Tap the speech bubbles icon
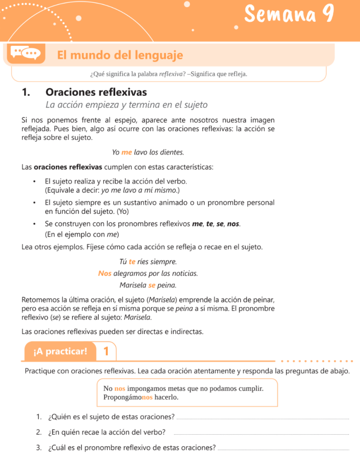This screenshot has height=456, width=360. pyautogui.click(x=25, y=53)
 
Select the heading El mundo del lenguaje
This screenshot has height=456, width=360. pyautogui.click(x=120, y=55)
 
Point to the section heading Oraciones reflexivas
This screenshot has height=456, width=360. pyautogui.click(x=96, y=93)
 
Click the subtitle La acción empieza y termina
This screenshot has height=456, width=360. pyautogui.click(x=127, y=105)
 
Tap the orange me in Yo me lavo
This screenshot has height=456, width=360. pyautogui.click(x=127, y=152)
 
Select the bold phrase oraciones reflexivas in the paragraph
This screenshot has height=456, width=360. pyautogui.click(x=68, y=167)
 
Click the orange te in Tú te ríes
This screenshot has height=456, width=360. pyautogui.click(x=132, y=261)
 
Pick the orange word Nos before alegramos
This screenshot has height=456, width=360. pyautogui.click(x=105, y=273)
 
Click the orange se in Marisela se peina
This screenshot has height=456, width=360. pyautogui.click(x=152, y=285)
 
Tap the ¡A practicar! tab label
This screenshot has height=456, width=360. pyautogui.click(x=60, y=352)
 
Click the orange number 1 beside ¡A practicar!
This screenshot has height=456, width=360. pyautogui.click(x=106, y=352)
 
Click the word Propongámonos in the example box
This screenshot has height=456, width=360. pyautogui.click(x=128, y=397)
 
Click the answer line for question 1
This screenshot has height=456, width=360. pyautogui.click(x=263, y=418)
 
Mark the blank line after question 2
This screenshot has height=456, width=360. pyautogui.click(x=260, y=434)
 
